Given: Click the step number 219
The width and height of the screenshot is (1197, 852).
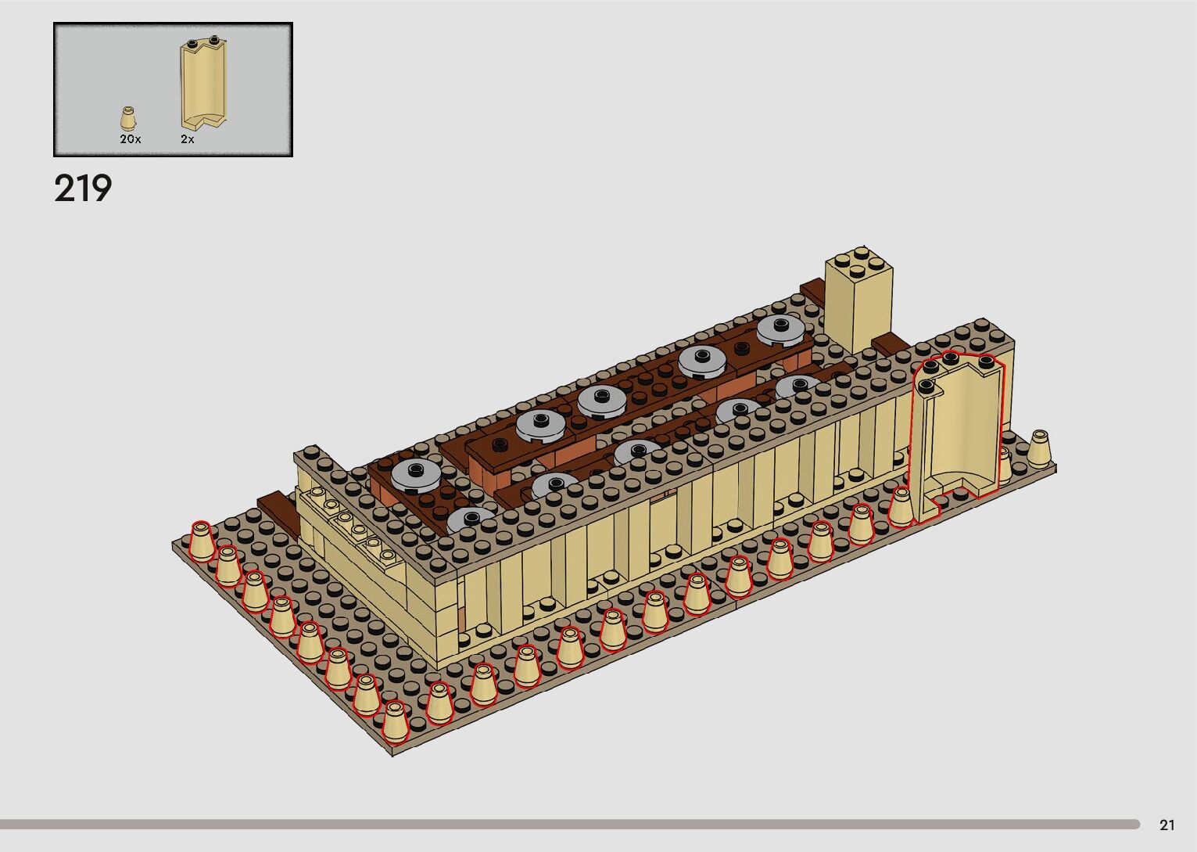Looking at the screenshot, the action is click(83, 189).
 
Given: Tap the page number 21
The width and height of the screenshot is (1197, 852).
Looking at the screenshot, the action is click(1167, 825).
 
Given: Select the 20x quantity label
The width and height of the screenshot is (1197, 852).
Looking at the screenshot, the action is click(130, 139).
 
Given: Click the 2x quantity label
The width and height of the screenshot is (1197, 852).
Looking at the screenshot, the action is click(187, 139).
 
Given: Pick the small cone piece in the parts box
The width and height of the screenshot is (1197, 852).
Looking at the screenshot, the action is click(128, 118).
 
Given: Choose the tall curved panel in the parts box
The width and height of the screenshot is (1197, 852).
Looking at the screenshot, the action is click(203, 84).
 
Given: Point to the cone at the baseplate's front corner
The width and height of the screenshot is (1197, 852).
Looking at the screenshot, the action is click(394, 723).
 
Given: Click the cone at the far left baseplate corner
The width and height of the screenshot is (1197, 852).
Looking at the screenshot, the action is click(202, 542).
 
